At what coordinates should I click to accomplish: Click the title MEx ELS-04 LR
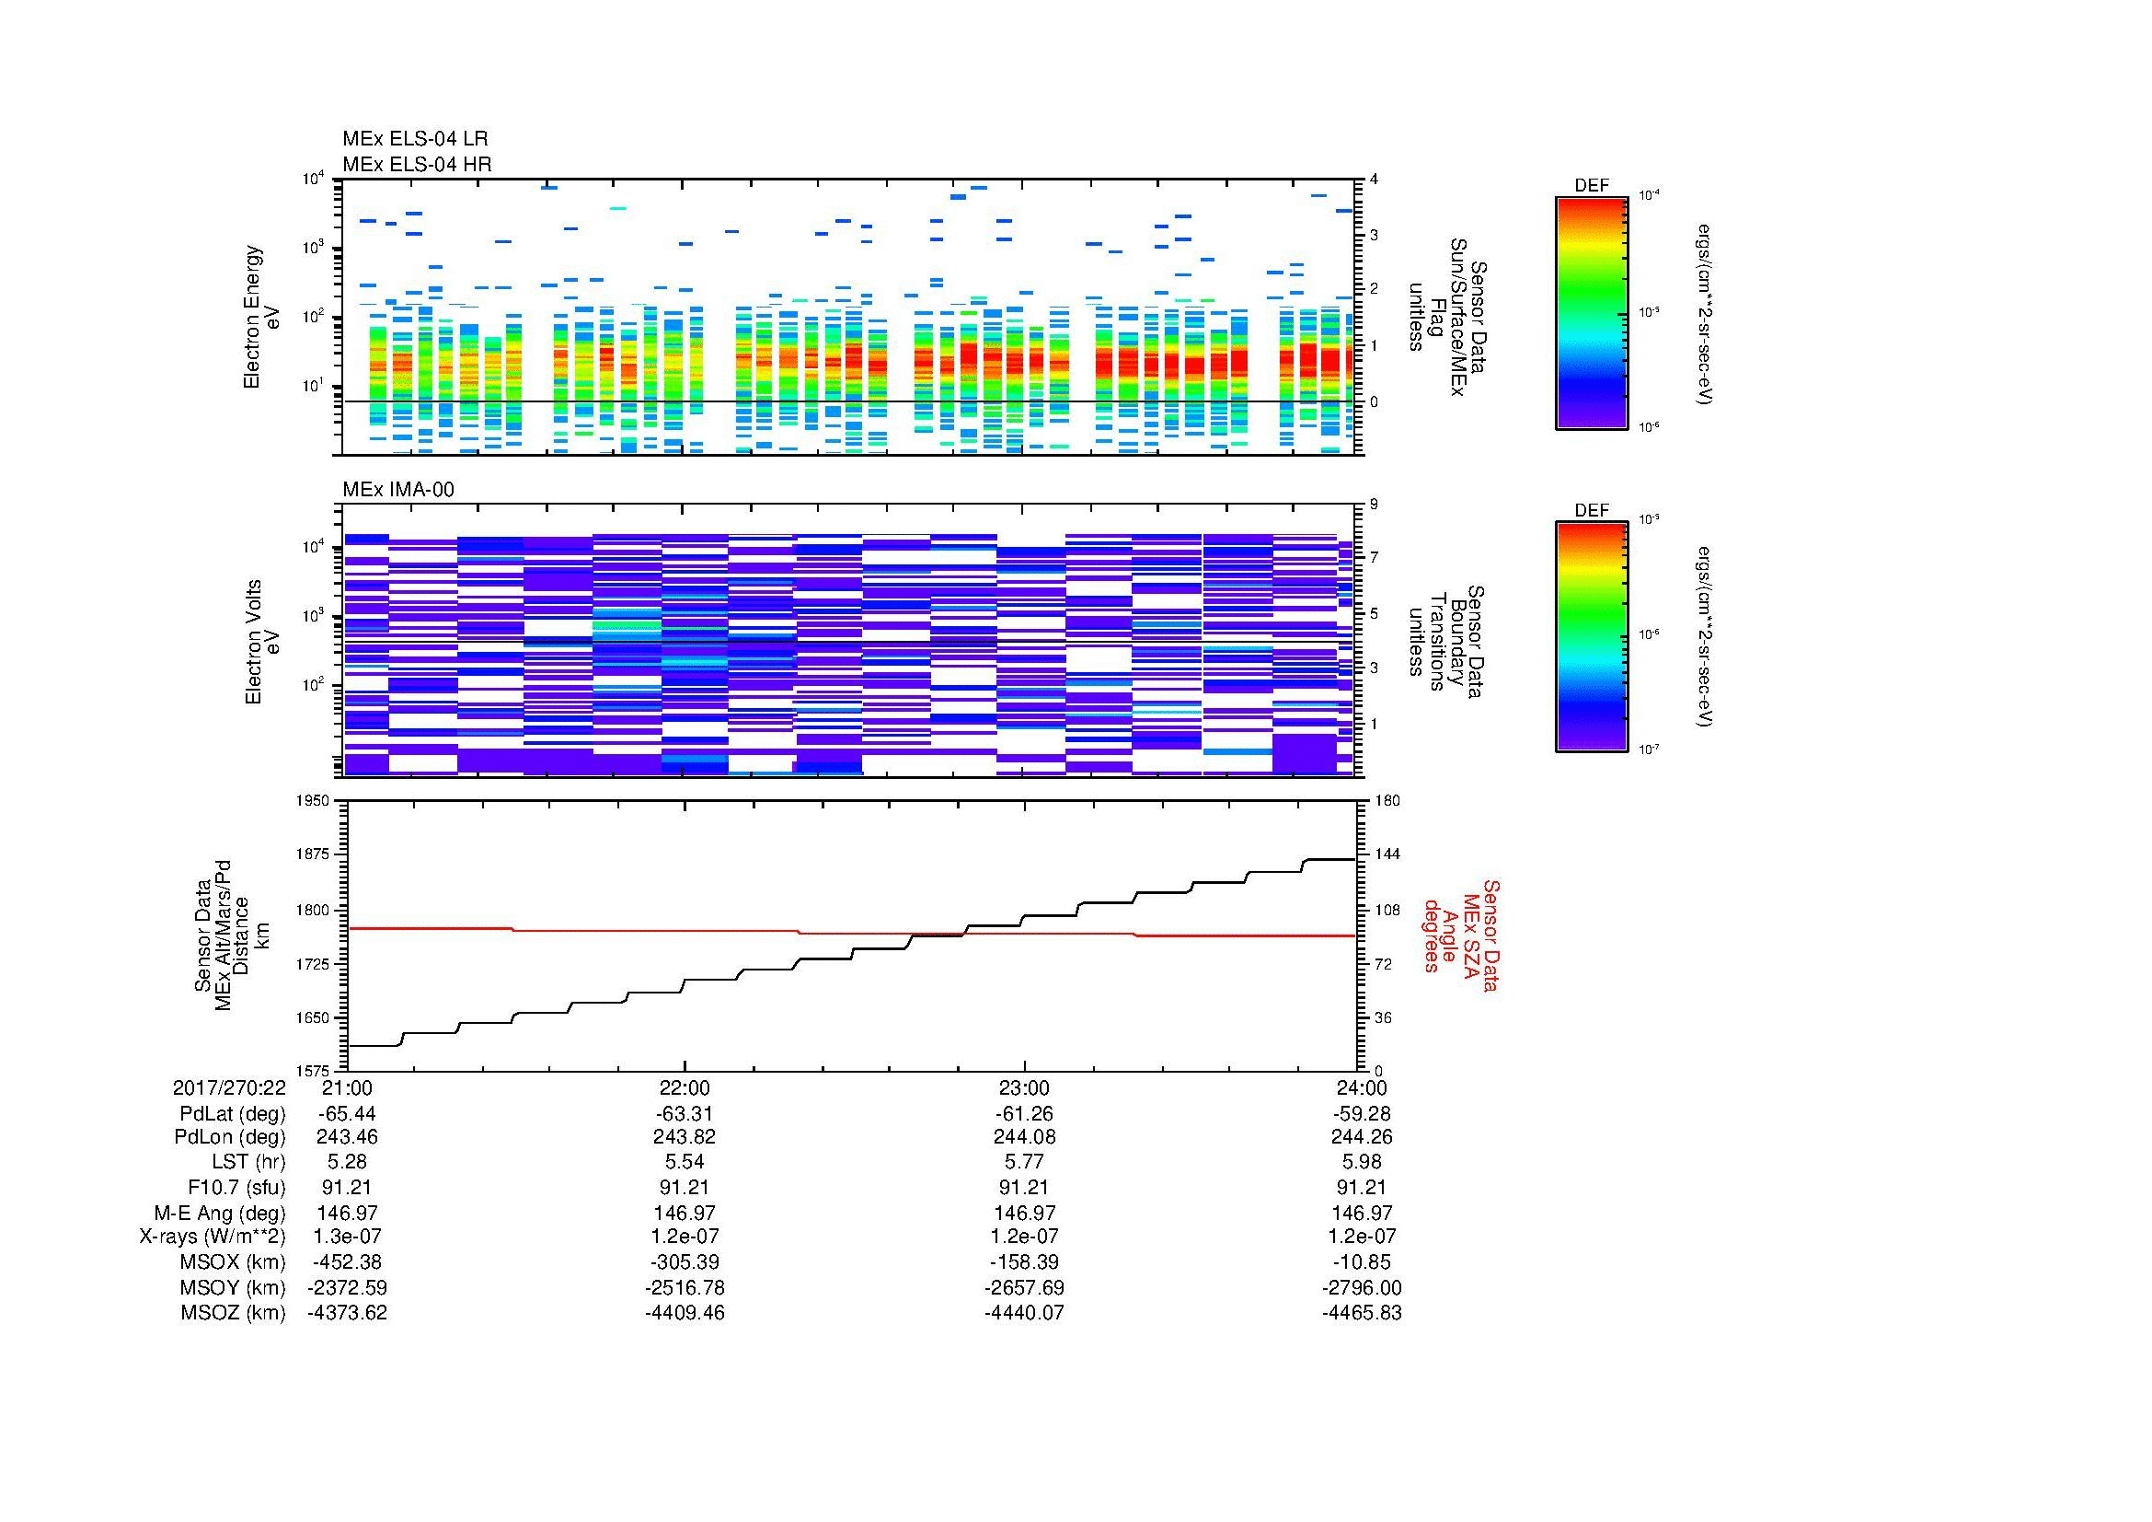point(414,139)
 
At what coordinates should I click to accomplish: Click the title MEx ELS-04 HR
point(416,164)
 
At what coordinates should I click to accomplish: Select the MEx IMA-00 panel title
point(397,490)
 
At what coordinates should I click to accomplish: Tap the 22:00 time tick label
point(685,1087)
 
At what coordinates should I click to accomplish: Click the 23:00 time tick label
point(1023,1087)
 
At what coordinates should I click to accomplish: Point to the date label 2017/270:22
point(229,1087)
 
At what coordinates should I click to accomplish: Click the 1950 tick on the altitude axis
point(314,800)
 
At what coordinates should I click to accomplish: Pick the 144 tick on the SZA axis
point(1387,854)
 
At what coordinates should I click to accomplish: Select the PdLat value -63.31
point(685,1114)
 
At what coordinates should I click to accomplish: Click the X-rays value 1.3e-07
point(347,1236)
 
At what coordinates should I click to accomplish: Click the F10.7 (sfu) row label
point(236,1187)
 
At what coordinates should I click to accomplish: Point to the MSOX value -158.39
point(1023,1262)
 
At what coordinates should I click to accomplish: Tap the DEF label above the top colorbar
point(1591,186)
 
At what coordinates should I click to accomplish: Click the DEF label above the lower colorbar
point(1591,510)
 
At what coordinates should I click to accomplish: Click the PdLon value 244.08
point(1023,1136)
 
